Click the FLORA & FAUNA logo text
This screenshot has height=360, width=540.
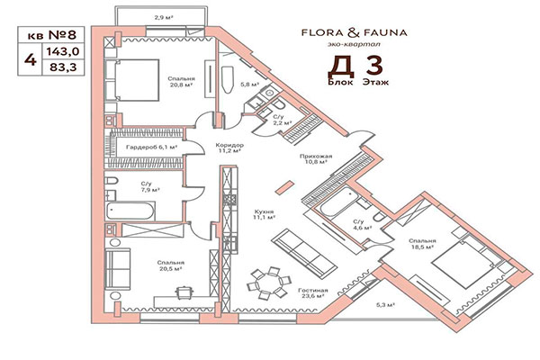click(x=354, y=33)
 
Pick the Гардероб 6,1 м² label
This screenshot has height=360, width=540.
click(x=148, y=147)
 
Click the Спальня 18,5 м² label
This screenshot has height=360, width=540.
click(x=423, y=245)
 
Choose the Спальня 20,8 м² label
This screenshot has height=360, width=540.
click(x=180, y=84)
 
